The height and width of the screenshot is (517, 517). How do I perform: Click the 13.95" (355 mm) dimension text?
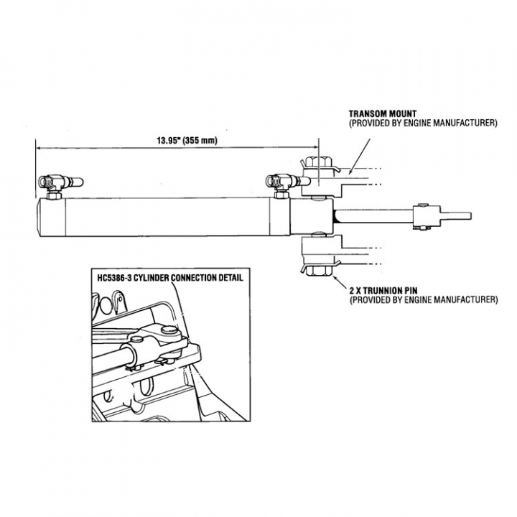(187, 141)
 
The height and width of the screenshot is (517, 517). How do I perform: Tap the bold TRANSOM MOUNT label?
(383, 114)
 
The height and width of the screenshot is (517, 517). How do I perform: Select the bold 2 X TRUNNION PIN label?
(383, 291)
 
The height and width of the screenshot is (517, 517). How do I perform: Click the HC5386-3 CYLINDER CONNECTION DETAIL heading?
(169, 278)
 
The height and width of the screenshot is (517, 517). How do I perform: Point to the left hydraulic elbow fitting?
(60, 183)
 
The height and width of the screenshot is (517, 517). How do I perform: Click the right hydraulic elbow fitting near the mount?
(287, 182)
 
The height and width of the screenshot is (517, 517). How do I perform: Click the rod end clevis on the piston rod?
(427, 216)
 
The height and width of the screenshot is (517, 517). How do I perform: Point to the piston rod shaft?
(373, 217)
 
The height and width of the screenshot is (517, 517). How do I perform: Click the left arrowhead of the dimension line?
(36, 148)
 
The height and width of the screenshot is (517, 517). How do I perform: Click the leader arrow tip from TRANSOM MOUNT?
(349, 173)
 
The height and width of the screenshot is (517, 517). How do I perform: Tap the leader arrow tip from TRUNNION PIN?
(334, 276)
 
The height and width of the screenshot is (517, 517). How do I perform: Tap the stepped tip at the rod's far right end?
(456, 216)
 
